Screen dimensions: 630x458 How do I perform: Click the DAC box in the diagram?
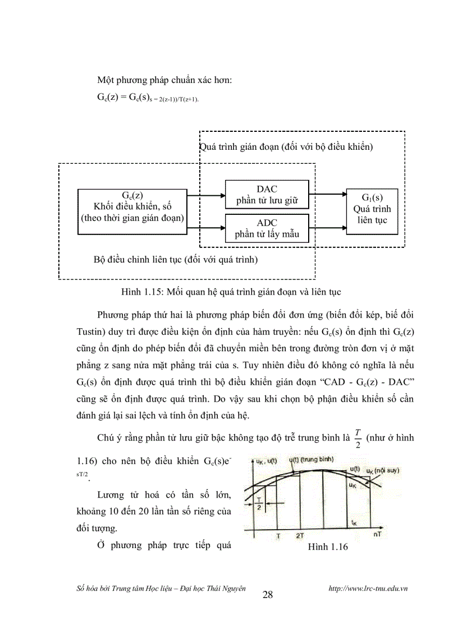pos(267,195)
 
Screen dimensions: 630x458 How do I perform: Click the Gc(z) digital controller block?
pos(132,211)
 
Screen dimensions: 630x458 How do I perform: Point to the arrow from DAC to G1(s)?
pos(328,195)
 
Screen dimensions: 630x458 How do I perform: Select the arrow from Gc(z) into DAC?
pos(206,196)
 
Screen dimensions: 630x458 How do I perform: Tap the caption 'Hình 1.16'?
pos(328,547)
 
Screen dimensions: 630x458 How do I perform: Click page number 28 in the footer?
pos(268,595)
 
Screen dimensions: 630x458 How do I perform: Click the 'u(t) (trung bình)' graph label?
pos(311,460)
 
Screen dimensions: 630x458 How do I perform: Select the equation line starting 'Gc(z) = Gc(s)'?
pos(148,97)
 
